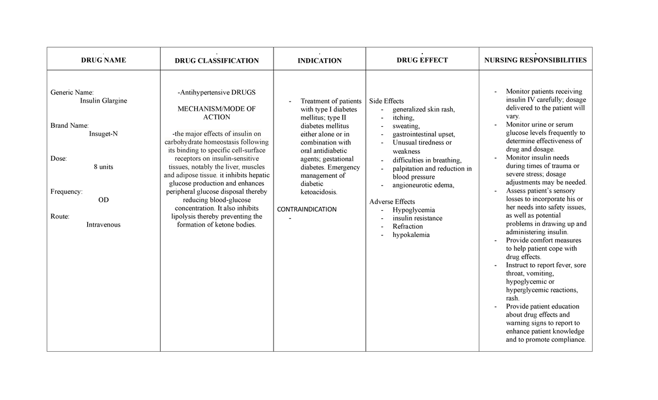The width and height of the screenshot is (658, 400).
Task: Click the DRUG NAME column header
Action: tap(104, 60)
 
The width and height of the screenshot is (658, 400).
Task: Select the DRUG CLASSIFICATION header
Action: tap(217, 60)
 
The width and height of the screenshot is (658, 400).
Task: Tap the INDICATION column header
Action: tap(319, 60)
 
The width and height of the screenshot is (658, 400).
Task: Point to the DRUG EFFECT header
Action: tap(422, 60)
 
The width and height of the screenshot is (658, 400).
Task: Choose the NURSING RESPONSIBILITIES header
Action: tap(535, 60)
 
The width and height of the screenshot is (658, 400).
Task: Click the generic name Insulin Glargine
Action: tap(104, 101)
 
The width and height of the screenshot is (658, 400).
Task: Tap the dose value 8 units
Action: tap(103, 167)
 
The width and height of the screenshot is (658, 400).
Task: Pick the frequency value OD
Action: tap(103, 200)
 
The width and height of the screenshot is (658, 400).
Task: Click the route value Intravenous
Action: tap(103, 224)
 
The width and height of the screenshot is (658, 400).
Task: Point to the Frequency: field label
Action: tap(67, 191)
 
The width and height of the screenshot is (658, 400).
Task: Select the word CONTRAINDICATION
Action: tap(307, 209)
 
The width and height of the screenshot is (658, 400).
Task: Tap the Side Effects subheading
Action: tap(387, 101)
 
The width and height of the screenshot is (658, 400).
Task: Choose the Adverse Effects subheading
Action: tap(392, 201)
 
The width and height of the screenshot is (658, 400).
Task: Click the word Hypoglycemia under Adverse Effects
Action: tap(414, 210)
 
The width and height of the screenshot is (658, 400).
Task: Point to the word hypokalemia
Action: tap(411, 235)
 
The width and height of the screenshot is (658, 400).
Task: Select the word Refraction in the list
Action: tap(408, 226)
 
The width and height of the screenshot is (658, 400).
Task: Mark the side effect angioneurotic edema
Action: tap(423, 185)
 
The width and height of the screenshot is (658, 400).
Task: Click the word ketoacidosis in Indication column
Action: tap(320, 192)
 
